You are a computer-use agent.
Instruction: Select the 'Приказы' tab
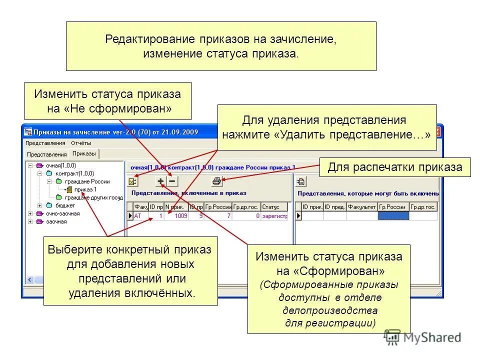point(84,153)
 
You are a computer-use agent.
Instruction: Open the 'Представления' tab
point(46,154)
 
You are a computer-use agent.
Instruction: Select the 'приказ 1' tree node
point(85,189)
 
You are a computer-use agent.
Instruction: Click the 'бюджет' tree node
point(64,205)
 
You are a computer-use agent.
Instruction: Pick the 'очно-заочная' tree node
point(62,213)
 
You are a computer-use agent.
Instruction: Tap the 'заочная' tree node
point(56,221)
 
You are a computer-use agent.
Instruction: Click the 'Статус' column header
point(274,206)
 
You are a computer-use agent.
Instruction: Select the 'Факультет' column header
point(361,206)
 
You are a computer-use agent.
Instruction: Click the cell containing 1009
point(180,216)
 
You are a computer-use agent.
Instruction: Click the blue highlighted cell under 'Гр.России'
point(393,216)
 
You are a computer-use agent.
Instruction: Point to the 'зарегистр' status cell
point(275,216)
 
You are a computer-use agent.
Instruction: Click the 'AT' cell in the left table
point(138,216)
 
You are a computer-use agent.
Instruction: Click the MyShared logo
point(423,337)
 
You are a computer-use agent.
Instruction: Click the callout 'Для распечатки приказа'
point(394,167)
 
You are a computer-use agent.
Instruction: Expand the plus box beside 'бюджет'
point(39,205)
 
